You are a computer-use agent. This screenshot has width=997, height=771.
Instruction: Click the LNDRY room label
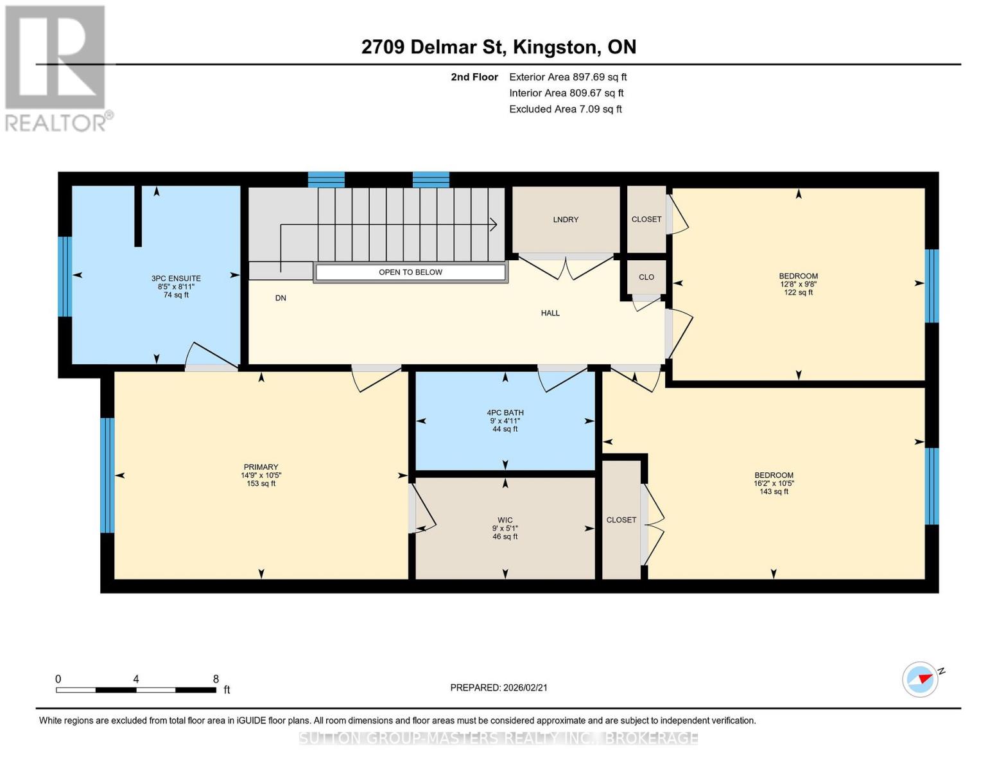click(x=566, y=220)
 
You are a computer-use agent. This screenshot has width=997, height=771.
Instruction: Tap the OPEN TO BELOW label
click(x=410, y=272)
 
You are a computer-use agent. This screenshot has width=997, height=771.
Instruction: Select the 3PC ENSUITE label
click(x=176, y=279)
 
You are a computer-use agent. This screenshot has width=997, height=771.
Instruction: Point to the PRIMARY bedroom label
click(x=261, y=467)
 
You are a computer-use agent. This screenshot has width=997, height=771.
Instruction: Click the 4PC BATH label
click(x=505, y=413)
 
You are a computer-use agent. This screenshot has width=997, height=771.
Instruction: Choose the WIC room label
click(x=505, y=520)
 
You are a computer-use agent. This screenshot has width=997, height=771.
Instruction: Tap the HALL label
click(x=550, y=314)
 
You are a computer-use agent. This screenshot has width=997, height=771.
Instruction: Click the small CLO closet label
click(x=646, y=278)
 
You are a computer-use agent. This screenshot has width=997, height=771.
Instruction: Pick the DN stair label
click(x=281, y=298)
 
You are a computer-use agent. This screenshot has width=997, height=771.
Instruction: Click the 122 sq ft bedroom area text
click(x=798, y=292)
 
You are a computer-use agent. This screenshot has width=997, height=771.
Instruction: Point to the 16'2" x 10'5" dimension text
click(x=774, y=484)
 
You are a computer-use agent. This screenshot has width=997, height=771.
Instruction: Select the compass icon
click(x=920, y=679)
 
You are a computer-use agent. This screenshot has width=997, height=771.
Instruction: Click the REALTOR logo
click(x=56, y=67)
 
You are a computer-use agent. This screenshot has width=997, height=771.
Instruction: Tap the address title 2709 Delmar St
click(x=498, y=47)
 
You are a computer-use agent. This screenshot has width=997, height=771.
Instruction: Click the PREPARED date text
click(x=499, y=687)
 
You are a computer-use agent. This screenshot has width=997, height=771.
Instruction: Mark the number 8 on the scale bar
click(x=216, y=679)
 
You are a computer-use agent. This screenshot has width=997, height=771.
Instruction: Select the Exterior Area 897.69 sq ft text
click(x=568, y=77)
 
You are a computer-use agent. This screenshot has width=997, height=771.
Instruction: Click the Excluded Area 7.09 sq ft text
click(x=565, y=109)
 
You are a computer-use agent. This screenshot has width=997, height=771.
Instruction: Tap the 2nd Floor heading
click(x=474, y=77)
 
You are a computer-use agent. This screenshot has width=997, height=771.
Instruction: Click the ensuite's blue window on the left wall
click(x=64, y=277)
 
